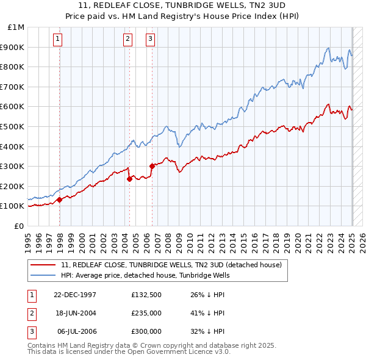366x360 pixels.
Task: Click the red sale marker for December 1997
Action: [x=60, y=200]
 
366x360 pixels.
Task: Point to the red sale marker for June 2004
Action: [x=130, y=179]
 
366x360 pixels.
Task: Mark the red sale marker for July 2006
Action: [x=152, y=166]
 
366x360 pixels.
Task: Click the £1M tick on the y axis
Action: [x=16, y=27]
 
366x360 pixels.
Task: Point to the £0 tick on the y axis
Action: [x=18, y=226]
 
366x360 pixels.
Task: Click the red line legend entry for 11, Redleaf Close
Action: [x=171, y=265]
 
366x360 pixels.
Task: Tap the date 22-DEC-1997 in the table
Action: [x=75, y=295]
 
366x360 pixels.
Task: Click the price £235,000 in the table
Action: [x=146, y=314]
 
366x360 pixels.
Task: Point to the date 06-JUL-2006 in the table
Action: [x=76, y=331]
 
